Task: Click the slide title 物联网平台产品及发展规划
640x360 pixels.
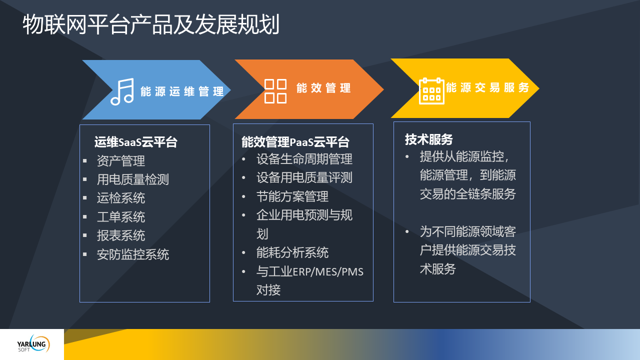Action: coord(151,24)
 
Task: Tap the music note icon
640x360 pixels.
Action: coord(122,91)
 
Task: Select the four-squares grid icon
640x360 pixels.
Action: coord(275,91)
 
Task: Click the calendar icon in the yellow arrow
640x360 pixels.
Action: coord(431,91)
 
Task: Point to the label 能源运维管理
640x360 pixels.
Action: coord(182,91)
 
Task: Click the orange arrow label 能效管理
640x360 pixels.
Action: coord(323,88)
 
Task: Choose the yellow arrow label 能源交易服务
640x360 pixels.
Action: coord(487,87)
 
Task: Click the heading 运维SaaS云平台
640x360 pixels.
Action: coord(135,142)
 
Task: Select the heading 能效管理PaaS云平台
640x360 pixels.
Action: coord(295,142)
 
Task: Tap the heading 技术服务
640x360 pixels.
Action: coord(428,139)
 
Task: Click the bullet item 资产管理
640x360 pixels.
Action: coord(121,160)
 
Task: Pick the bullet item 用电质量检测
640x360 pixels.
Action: coord(133,179)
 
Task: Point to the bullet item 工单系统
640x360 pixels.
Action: coord(121,217)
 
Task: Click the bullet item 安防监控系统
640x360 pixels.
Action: coord(133,254)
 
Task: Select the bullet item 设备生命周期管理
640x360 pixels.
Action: coord(304,159)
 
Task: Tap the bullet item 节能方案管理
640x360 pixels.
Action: coord(292,196)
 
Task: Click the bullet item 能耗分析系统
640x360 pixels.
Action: coord(292,252)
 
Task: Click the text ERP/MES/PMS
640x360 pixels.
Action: coord(328,271)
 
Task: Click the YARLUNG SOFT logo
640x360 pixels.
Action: coord(33,344)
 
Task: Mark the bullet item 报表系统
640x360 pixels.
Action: coord(121,235)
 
